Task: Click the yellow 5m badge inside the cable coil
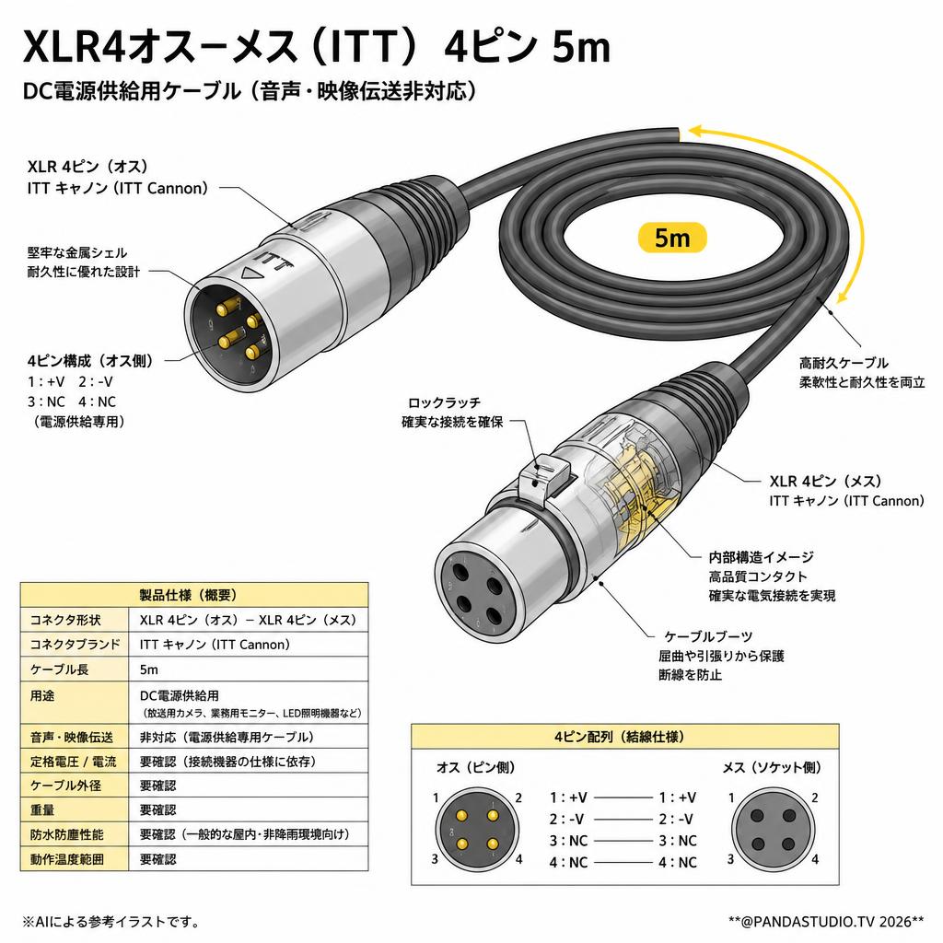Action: coord(671,238)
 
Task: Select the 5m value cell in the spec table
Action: coord(149,669)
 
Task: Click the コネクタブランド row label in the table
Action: coord(76,645)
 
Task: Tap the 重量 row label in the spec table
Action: coord(42,810)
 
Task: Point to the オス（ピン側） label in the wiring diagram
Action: coord(475,767)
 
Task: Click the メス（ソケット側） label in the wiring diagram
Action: coord(772,767)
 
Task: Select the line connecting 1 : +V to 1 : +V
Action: coord(623,797)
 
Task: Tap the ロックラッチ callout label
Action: coord(445,403)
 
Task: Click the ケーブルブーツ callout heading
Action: coord(708,636)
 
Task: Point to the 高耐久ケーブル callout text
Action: coord(844,363)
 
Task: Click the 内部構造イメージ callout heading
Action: coord(761,557)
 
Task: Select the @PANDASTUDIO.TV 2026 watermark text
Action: coord(826,921)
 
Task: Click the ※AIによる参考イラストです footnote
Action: coord(111,921)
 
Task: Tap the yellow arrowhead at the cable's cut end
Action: coord(696,131)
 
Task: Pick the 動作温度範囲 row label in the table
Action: coord(66,859)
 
